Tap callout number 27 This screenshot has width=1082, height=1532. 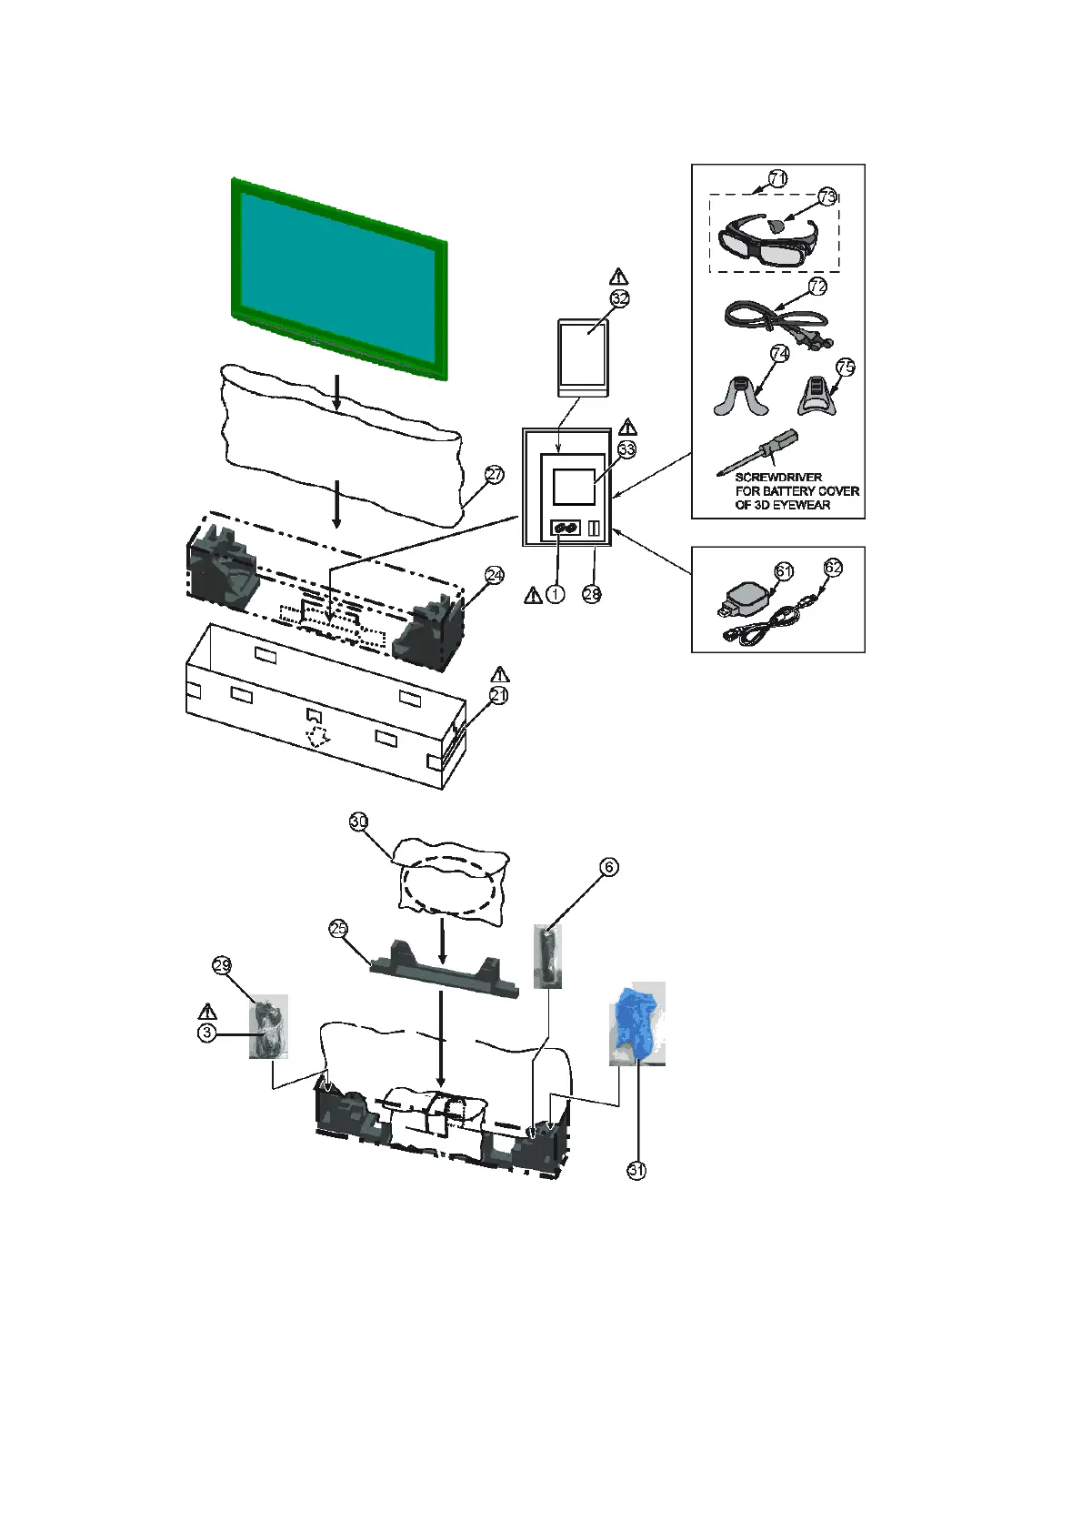pos(494,475)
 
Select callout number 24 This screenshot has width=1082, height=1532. pos(495,575)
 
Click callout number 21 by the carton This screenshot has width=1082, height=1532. pos(498,695)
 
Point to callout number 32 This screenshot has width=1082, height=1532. pos(620,298)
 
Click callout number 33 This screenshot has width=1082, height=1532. pos(627,449)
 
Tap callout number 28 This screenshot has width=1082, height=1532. pos(592,594)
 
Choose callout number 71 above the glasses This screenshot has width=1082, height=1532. pos(777,179)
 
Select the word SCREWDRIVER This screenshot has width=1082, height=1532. pos(778,478)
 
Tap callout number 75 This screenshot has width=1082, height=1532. pos(845,367)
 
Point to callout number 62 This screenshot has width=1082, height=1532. pos(833,568)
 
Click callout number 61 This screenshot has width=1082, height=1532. pos(784,571)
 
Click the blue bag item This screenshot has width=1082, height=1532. pos(636,1023)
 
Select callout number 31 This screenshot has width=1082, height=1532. pos(636,1171)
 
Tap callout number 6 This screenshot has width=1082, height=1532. pos(608,867)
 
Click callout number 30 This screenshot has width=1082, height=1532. pos(359,821)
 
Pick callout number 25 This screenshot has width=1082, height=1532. pos(338,928)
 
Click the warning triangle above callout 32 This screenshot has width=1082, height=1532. pos(619,277)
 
